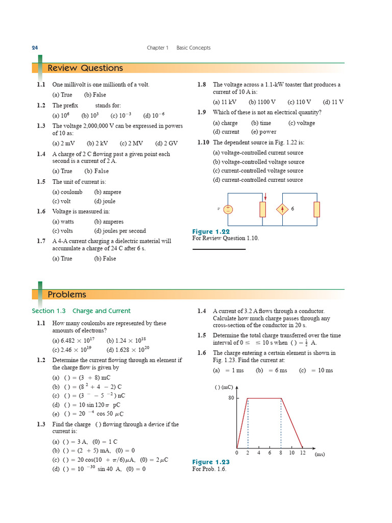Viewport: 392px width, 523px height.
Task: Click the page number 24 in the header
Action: (x=35, y=47)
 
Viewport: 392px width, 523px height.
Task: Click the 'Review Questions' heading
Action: (x=85, y=68)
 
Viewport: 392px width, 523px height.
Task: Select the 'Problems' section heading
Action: (x=67, y=295)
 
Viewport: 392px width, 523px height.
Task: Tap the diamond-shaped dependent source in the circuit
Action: (x=282, y=209)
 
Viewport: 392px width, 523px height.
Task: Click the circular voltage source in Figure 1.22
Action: (x=228, y=209)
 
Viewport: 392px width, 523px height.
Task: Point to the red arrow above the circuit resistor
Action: (x=265, y=197)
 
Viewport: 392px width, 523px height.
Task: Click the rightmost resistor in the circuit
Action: (x=317, y=209)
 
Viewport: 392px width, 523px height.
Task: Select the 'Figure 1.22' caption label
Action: (x=211, y=231)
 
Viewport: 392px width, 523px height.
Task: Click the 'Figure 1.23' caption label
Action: (x=211, y=462)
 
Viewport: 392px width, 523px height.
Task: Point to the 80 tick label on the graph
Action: (x=231, y=398)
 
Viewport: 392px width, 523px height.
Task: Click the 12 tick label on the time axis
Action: (x=303, y=453)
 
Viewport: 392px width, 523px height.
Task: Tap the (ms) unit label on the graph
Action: (x=320, y=454)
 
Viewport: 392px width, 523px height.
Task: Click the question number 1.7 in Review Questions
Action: (x=41, y=241)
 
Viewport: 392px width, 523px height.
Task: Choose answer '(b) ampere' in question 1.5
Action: (x=108, y=192)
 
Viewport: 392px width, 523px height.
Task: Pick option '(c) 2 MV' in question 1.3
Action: (x=131, y=144)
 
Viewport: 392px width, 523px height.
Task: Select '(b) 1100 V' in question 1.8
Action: (x=262, y=102)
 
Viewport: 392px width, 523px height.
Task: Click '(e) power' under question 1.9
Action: (x=262, y=132)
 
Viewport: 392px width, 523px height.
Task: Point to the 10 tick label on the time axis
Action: (x=291, y=453)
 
